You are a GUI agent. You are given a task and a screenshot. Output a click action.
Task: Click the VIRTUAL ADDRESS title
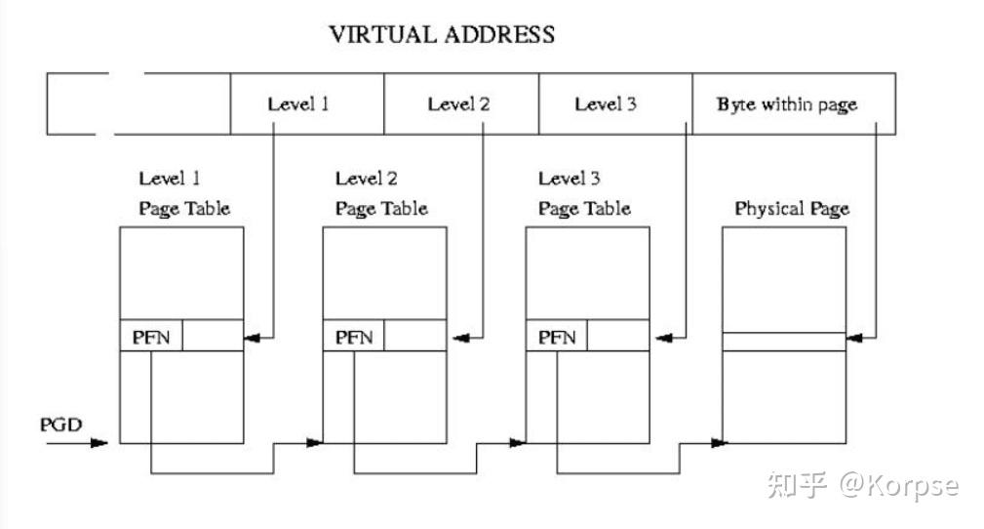(442, 35)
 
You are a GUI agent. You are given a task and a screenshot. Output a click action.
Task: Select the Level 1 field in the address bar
(298, 103)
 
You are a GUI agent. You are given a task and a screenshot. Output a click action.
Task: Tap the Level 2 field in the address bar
(458, 103)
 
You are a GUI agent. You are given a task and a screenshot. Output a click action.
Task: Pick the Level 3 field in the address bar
(605, 103)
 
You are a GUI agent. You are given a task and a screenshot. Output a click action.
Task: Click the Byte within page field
(786, 103)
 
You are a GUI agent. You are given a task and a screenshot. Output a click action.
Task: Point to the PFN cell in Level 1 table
(151, 338)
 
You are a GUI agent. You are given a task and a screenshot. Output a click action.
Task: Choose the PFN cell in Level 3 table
(557, 338)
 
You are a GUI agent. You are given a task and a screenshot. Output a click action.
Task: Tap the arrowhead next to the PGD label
(99, 443)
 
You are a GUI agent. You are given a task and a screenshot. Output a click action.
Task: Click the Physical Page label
(791, 209)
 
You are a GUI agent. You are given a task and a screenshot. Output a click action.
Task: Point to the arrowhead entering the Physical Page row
(855, 339)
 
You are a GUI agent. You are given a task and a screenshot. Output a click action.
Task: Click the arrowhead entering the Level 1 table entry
(253, 339)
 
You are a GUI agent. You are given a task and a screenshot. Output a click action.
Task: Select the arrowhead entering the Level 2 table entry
(455, 339)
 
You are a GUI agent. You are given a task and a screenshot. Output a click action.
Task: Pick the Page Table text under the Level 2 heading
(381, 209)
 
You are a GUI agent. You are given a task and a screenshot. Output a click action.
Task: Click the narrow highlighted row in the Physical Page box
(783, 341)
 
